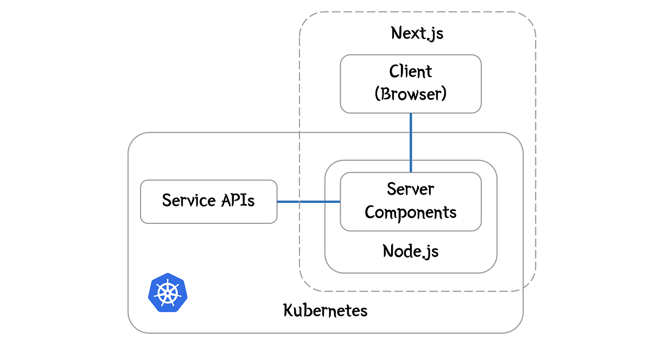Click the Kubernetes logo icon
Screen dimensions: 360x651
coord(168,293)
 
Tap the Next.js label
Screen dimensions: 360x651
coord(417,33)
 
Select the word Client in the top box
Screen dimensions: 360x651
coord(411,72)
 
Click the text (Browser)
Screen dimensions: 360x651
coord(411,94)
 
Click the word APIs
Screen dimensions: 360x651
coord(237,201)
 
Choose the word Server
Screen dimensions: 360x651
coord(411,189)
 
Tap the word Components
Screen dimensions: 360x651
coord(411,212)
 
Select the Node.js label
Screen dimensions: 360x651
coord(411,250)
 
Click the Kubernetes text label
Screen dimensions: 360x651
coord(325,311)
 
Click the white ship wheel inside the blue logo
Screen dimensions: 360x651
coord(168,293)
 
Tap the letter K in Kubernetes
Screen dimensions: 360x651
coord(288,311)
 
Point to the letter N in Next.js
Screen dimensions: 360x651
coord(397,33)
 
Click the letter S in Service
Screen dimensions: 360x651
coord(167,201)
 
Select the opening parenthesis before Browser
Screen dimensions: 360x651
coord(378,94)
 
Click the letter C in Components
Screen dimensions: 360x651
coord(370,212)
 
